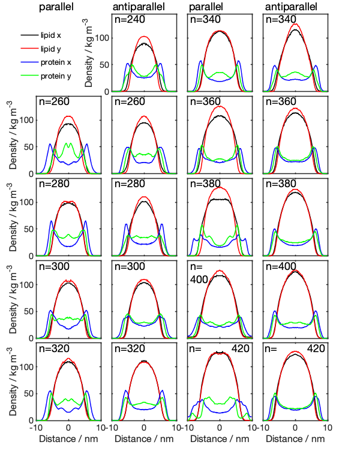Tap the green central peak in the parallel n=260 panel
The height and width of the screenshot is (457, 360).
click(x=68, y=143)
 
